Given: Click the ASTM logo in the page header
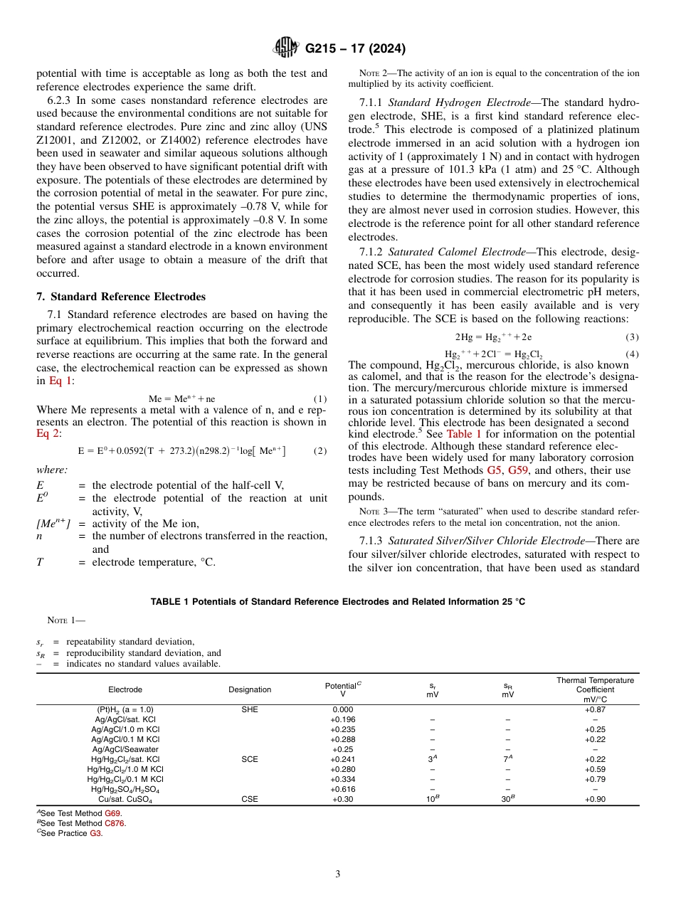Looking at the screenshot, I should point(286,48).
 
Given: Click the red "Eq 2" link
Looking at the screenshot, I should point(48,434).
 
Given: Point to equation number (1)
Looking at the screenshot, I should point(319,399).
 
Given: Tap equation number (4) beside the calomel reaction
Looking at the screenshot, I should point(632,354).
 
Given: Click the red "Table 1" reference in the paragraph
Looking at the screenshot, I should point(463,434).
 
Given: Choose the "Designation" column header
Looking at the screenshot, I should point(250,689).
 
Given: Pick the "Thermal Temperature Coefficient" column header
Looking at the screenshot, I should point(594,689).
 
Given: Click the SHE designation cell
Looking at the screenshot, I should point(250,709).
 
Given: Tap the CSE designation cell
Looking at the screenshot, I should point(250,799).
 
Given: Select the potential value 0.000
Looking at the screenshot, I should point(342,709).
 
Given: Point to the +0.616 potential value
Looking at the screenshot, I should point(342,789).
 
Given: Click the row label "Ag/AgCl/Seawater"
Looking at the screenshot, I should point(125,749).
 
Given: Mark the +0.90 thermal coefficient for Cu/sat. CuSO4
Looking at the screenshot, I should point(594,799).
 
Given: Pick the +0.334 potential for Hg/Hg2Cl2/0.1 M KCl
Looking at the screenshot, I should point(342,779).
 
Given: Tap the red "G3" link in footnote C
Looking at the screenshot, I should point(95,833).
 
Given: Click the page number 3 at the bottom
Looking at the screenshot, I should point(338,874).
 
